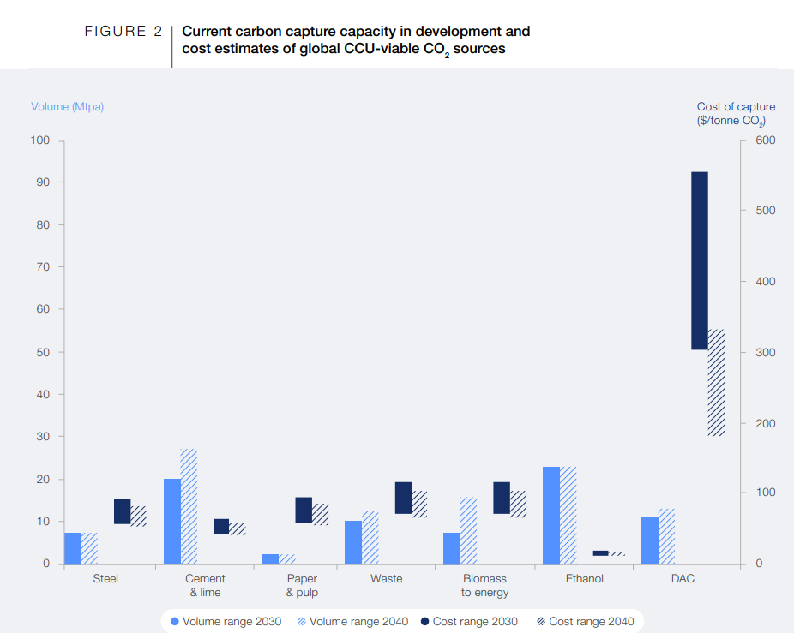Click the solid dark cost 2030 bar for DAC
tap(699, 260)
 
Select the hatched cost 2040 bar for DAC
tap(716, 383)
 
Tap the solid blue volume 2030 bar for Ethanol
tap(550, 516)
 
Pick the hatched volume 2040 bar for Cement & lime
tap(189, 507)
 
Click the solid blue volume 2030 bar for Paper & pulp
tap(270, 559)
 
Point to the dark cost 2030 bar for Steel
tap(122, 511)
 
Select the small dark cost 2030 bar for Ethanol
tap(600, 553)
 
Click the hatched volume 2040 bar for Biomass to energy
tap(468, 531)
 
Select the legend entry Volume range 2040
tap(352, 621)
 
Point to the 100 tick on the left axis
tap(41, 140)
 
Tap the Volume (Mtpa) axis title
tap(67, 107)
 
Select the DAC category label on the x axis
tap(683, 579)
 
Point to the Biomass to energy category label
tap(484, 586)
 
